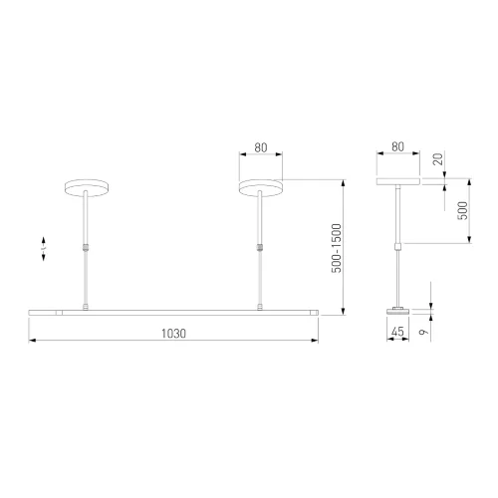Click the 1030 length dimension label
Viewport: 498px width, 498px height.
(173, 334)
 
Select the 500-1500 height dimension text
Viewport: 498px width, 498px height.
(337, 248)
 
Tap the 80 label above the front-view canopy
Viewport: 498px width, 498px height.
(261, 147)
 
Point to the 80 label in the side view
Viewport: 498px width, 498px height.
(397, 146)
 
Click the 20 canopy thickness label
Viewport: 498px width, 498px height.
(438, 159)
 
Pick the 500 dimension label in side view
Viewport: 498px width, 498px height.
(462, 210)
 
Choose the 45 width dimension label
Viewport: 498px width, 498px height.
(397, 331)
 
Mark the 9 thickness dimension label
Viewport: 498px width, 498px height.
(422, 332)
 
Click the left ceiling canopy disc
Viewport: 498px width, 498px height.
(87, 188)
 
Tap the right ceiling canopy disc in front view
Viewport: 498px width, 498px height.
(261, 188)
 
